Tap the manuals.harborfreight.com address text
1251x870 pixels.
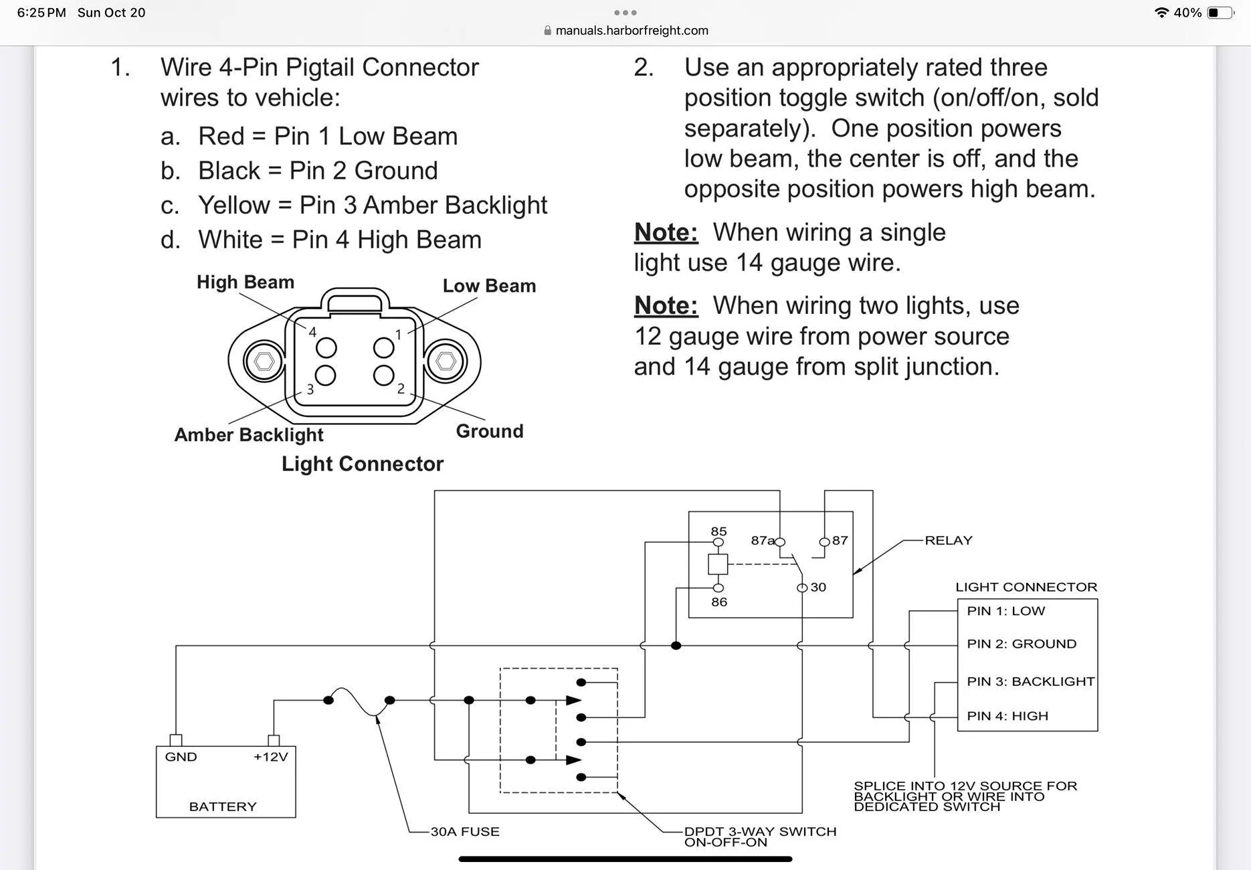tap(632, 30)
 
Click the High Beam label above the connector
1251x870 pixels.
tap(246, 282)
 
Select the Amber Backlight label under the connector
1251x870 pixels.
tap(249, 435)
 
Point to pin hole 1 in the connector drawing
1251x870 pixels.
tap(383, 347)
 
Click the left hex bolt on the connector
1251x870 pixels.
tap(264, 361)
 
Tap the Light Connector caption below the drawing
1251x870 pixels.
tap(363, 464)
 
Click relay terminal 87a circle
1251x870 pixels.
tap(780, 542)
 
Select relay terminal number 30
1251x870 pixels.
tap(818, 587)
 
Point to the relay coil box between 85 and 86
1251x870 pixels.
tap(718, 564)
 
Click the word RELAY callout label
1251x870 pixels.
tap(949, 540)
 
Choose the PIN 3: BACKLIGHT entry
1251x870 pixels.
tap(1030, 681)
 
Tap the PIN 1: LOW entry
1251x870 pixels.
tap(1005, 611)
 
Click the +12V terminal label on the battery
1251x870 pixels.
tap(270, 757)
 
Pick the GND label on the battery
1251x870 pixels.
tap(181, 757)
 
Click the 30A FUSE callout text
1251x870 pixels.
tap(465, 832)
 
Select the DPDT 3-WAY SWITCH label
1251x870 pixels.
tap(760, 832)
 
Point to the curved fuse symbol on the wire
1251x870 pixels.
tap(359, 701)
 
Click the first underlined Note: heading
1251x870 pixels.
tap(666, 232)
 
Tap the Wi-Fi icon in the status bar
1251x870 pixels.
tap(1161, 13)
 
